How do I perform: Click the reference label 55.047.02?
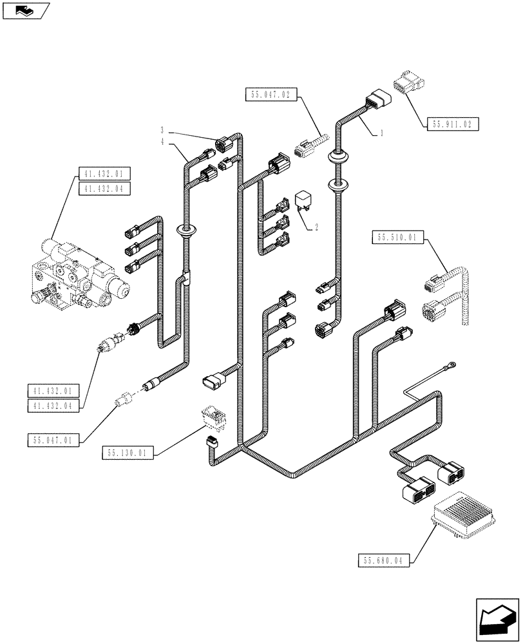268,95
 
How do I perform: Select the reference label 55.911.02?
453,124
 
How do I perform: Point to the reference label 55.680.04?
383,560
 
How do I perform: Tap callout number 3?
163,130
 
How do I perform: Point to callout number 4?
163,142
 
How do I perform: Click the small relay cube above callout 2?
303,200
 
